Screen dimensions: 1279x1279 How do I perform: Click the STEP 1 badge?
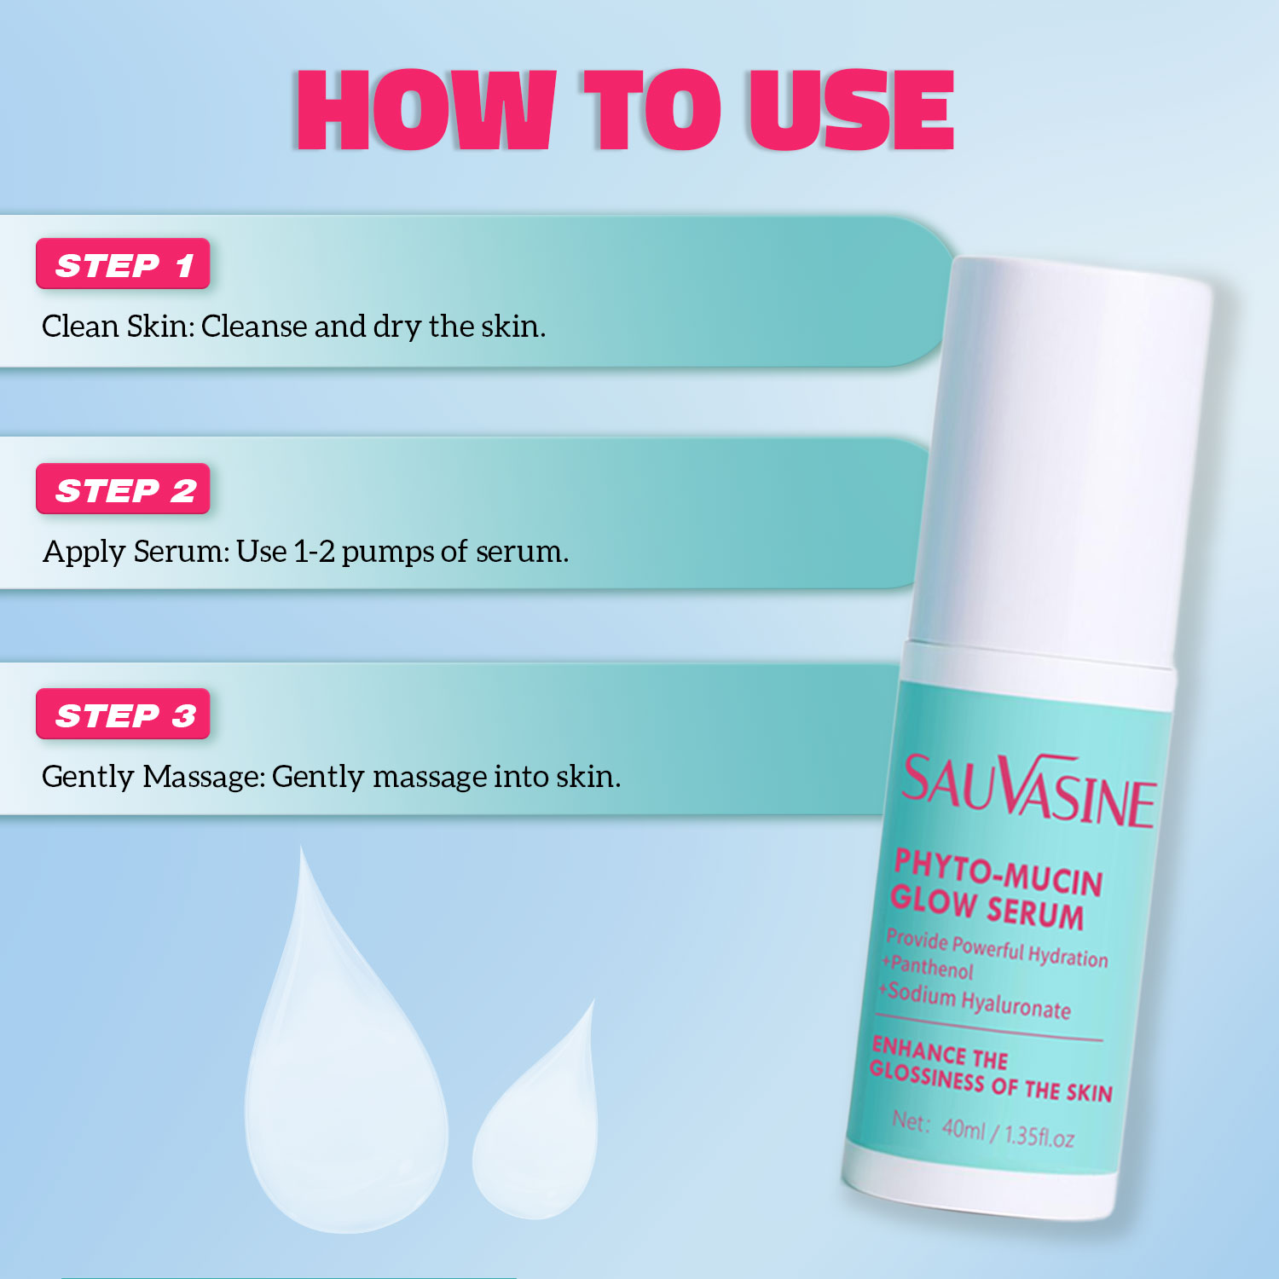pyautogui.click(x=123, y=264)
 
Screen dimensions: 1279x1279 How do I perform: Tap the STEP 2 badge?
pyautogui.click(x=123, y=489)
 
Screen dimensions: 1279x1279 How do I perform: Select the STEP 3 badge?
pyautogui.click(x=123, y=715)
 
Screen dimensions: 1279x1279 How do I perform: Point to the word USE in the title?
pyautogui.click(x=850, y=111)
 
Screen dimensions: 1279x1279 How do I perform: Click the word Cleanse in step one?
pyautogui.click(x=254, y=327)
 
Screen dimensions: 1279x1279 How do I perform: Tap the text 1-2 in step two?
pyautogui.click(x=313, y=552)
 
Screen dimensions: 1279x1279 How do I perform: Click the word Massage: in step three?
pyautogui.click(x=204, y=777)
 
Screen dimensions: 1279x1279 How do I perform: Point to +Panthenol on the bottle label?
pyautogui.click(x=928, y=967)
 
